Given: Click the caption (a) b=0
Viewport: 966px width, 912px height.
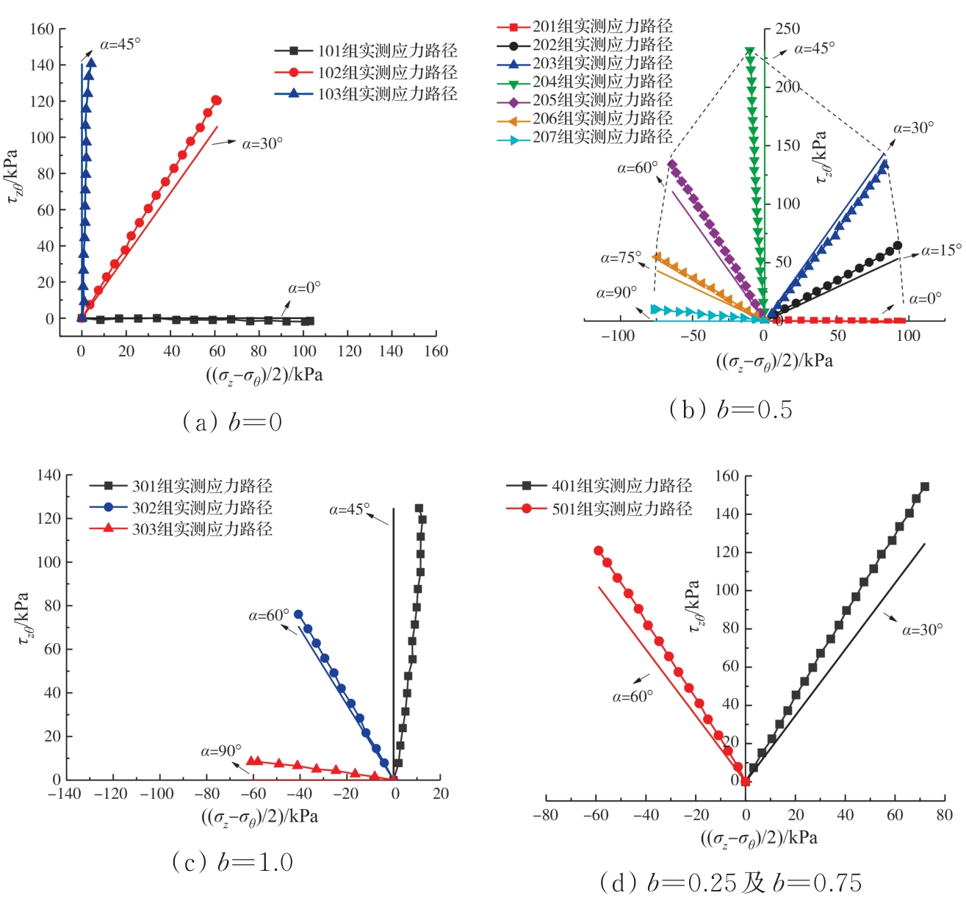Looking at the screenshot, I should click(x=232, y=422).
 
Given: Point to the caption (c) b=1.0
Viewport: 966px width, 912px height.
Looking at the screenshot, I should click(x=232, y=861).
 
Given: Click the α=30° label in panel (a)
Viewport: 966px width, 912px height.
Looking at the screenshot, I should click(x=262, y=144).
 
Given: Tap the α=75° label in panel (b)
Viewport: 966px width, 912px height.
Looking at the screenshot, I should click(x=621, y=258).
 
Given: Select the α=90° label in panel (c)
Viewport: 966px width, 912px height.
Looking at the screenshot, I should click(x=220, y=751).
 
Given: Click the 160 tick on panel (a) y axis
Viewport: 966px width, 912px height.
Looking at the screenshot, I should click(x=42, y=29).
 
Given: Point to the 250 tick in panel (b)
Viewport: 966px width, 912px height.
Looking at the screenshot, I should click(x=787, y=29).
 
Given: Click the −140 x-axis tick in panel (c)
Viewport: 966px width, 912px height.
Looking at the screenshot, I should click(x=65, y=794).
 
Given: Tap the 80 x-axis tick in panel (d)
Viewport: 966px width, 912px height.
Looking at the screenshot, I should click(x=945, y=814).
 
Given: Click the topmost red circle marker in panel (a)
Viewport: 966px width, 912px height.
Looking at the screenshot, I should click(x=216, y=100).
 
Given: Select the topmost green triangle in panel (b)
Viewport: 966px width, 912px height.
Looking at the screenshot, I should click(x=750, y=52).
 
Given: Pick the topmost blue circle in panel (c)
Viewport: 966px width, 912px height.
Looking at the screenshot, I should click(x=298, y=614).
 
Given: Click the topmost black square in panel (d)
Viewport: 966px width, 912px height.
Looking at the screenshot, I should click(x=925, y=486).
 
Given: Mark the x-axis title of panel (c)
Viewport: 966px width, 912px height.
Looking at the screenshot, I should click(x=259, y=816).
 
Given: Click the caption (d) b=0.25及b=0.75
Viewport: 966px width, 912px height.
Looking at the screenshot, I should click(x=731, y=883).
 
